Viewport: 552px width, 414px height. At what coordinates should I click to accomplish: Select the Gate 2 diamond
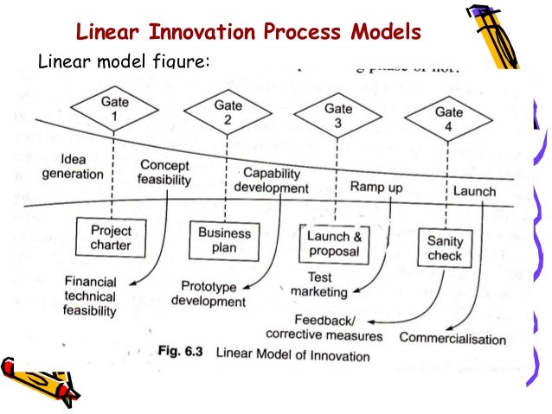pos(226,112)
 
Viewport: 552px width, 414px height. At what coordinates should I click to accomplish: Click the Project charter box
pos(111,237)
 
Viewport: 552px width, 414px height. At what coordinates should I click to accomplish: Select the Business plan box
pos(224,239)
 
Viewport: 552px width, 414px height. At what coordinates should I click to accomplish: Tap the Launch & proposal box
pos(334,244)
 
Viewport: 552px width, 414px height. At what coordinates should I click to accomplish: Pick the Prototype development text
pos(208,294)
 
